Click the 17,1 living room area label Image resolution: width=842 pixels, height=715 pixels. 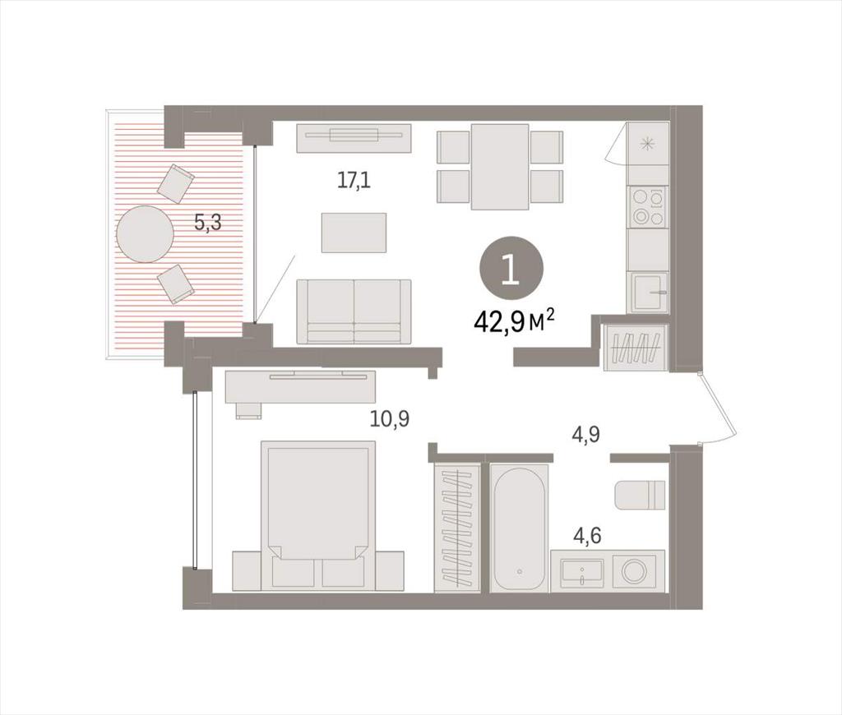(354, 181)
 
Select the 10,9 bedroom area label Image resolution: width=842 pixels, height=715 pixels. (390, 418)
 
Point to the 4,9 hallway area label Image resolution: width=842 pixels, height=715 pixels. (585, 434)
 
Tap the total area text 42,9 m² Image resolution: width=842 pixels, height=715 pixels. (514, 323)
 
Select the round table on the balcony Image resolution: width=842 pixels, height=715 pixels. (145, 234)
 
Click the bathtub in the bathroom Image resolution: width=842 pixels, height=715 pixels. (520, 528)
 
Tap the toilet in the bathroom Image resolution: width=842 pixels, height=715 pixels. (640, 495)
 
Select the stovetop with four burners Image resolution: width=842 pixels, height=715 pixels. (648, 206)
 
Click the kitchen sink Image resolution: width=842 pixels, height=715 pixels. (650, 293)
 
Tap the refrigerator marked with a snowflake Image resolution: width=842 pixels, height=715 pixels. (648, 143)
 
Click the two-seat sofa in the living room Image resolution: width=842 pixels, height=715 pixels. (354, 311)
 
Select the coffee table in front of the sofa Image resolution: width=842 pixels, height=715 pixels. (354, 233)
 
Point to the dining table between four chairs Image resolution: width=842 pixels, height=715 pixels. (500, 166)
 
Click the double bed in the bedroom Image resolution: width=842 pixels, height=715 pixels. (318, 515)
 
